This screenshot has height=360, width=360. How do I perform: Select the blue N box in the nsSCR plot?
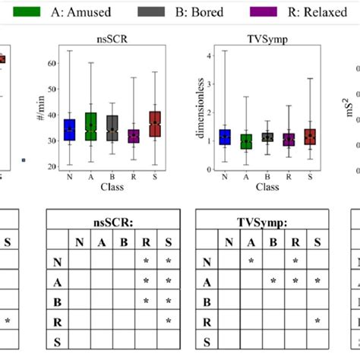(x=70, y=131)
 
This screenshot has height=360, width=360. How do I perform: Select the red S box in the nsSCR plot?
(x=155, y=124)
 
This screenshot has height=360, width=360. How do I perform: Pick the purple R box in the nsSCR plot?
(x=134, y=136)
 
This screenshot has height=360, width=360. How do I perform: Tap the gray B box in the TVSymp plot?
(x=267, y=137)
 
